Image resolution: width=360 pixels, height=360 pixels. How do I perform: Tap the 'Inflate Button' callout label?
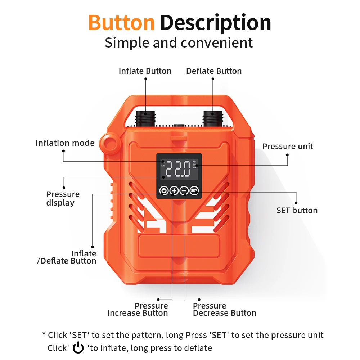pos(145,71)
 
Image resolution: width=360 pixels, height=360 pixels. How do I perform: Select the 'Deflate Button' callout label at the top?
pos(214,71)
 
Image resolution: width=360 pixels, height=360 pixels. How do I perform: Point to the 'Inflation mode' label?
pos(65,143)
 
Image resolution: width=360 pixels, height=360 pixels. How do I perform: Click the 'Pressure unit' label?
pos(287,146)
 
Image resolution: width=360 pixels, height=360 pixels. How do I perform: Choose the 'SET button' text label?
pos(297,210)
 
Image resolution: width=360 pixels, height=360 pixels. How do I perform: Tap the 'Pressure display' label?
pos(63,198)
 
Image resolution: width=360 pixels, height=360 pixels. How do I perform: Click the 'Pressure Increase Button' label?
pos(138,310)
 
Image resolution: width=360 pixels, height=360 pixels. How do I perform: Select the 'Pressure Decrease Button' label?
pos(224,310)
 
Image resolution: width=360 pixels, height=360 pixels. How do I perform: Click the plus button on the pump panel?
pos(174,190)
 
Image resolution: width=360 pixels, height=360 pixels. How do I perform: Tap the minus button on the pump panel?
pos(184,190)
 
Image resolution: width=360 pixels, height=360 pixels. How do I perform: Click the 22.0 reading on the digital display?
pos(177,169)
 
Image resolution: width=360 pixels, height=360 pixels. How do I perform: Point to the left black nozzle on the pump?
pos(145,118)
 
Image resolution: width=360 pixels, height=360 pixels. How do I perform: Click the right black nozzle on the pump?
pos(212,118)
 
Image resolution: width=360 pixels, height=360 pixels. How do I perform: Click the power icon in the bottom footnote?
pos(78,348)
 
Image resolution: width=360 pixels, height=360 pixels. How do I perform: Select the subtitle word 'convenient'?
pos(217,42)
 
